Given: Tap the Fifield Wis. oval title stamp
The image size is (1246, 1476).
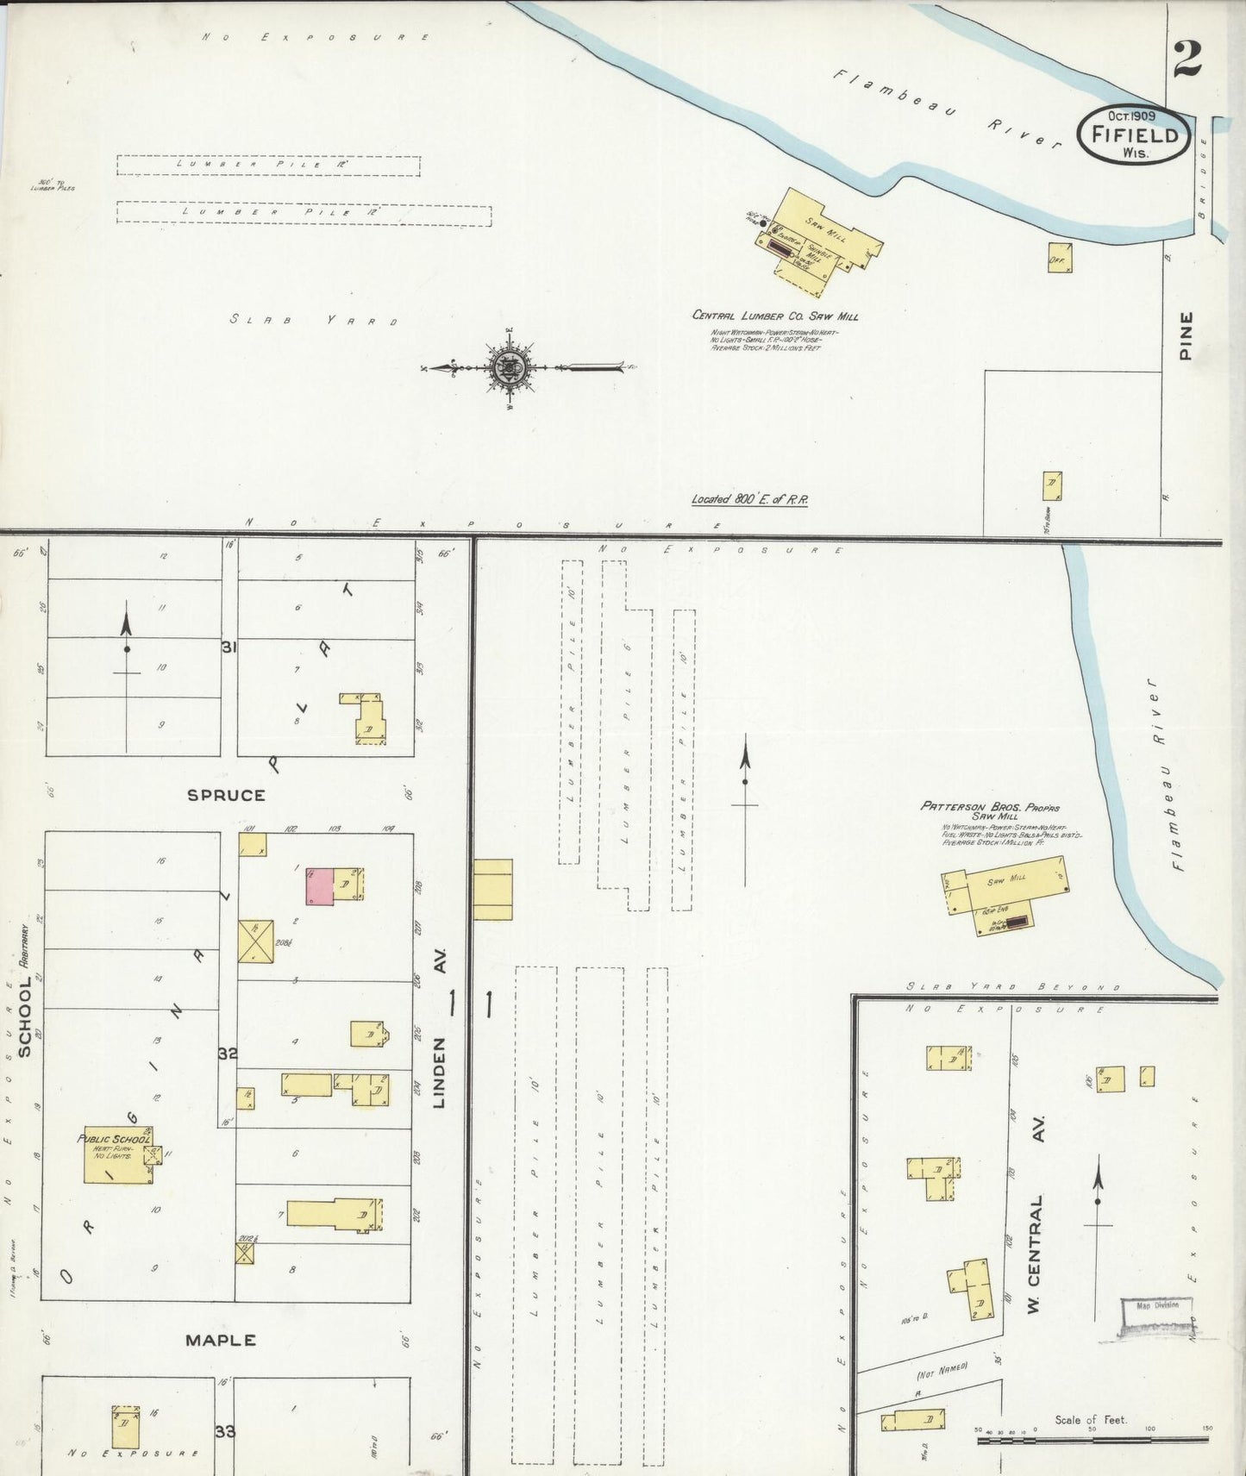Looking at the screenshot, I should point(1134,134).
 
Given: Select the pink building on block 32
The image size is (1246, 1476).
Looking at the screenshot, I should point(320,886).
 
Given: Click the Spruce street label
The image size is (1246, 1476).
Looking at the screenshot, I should point(226,795).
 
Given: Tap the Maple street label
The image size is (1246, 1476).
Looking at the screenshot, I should point(222,1340).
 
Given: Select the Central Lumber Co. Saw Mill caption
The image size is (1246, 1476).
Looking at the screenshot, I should point(775,316).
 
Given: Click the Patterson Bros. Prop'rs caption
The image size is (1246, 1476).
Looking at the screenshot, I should point(990,808).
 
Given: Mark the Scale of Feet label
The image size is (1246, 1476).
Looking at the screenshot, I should point(1091,1419).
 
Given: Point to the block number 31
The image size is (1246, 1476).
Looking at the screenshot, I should point(228,647).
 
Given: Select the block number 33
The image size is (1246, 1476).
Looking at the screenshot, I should point(225,1431).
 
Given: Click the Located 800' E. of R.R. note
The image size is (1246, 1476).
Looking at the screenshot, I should point(749,499).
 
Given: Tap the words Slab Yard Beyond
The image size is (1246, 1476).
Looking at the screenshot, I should point(1012,987).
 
